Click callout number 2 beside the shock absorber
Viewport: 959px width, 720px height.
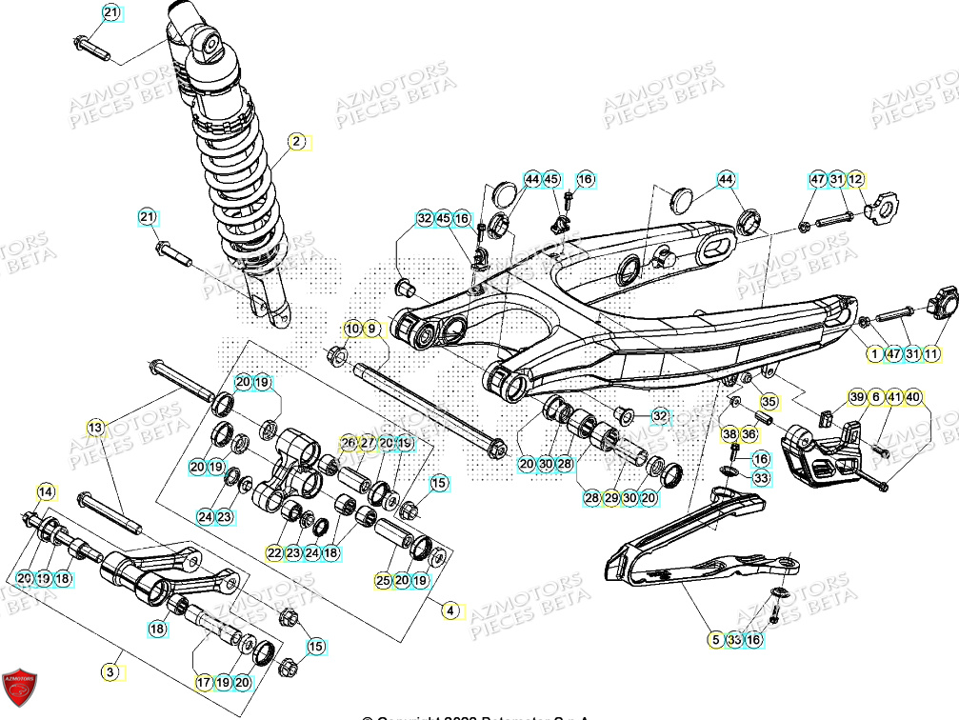pos(296,142)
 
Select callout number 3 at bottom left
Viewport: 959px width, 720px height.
pos(111,672)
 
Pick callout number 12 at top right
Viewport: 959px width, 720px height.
pos(855,179)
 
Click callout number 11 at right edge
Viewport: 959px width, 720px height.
pos(931,354)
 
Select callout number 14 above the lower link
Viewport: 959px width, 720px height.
pos(46,491)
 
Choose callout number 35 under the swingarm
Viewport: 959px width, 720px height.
pos(769,401)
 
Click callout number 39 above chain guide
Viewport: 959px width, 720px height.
pos(856,396)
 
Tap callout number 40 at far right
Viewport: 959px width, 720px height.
pos(913,396)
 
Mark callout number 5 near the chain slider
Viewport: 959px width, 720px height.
pos(715,640)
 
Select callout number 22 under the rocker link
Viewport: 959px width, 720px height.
pos(274,552)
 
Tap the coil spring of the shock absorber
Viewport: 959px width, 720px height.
pos(229,181)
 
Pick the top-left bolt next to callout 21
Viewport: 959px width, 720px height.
pos(90,43)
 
